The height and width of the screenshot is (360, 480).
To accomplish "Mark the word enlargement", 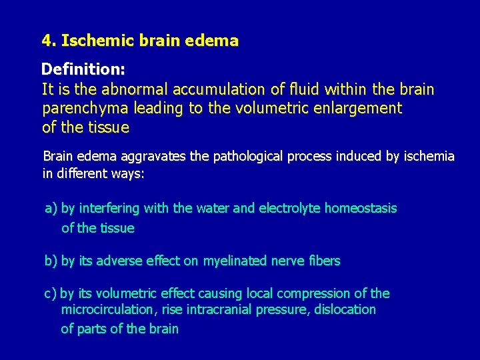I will (x=359, y=109).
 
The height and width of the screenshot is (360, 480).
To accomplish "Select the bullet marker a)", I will (x=51, y=209).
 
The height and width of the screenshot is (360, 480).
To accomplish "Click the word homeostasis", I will (x=361, y=209).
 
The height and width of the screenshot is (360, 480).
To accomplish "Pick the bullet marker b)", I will (x=51, y=261).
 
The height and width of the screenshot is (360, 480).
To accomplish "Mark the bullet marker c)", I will (x=51, y=294).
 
